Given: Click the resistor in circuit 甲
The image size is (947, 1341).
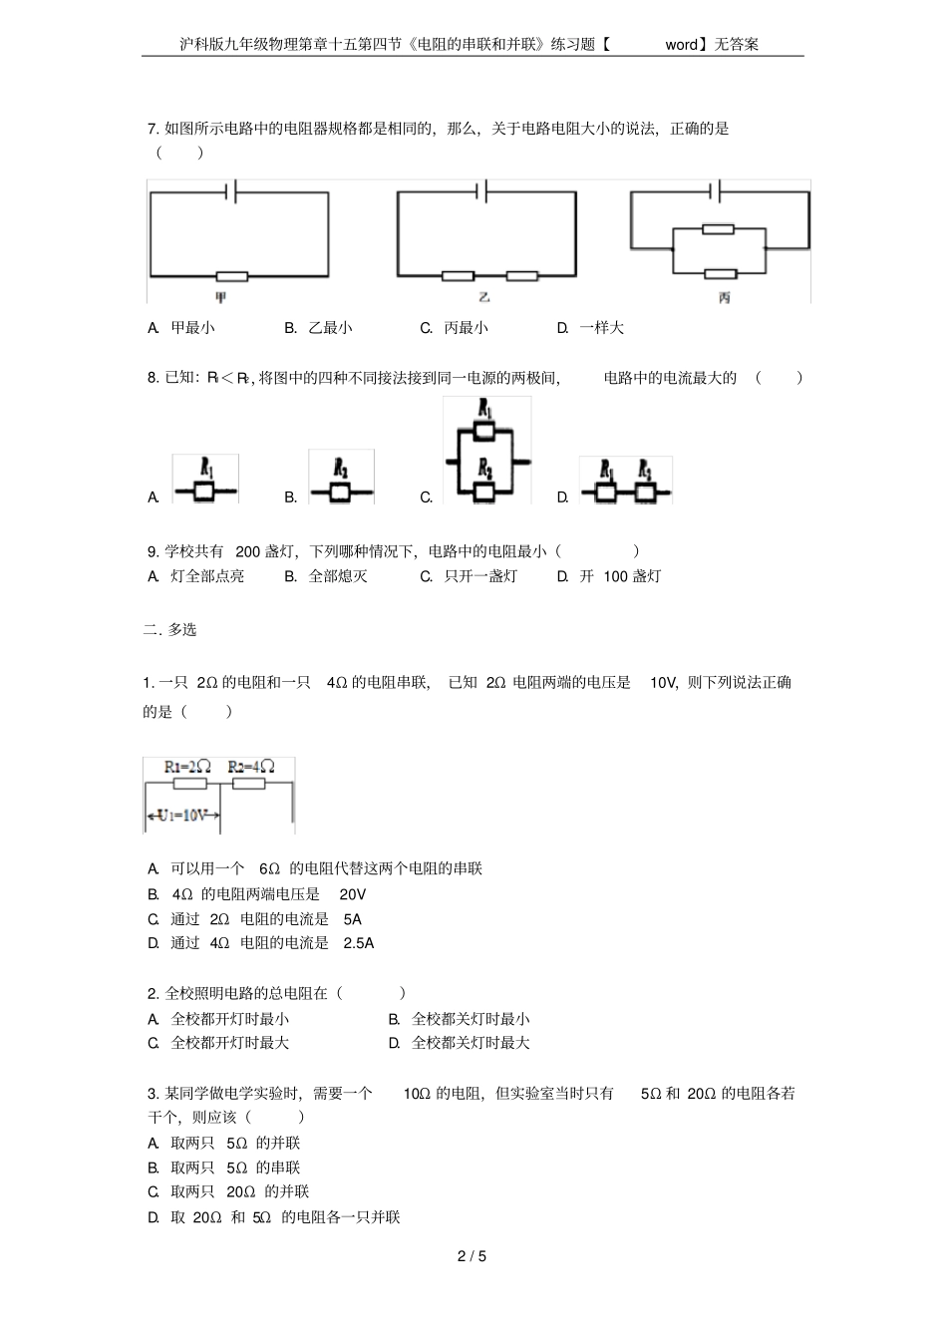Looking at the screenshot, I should (x=231, y=276).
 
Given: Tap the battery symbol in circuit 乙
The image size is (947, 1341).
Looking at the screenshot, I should (x=482, y=190).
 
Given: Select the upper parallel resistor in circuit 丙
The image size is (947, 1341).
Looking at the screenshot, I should (x=718, y=229).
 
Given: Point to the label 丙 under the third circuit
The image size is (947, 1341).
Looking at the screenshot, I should (x=724, y=297).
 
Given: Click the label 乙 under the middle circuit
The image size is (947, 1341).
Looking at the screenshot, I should (x=484, y=297).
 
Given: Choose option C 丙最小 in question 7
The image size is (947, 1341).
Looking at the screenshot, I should (x=455, y=328).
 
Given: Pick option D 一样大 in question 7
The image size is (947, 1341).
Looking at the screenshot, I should (x=591, y=328).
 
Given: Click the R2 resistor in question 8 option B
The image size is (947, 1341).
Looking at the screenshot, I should (x=340, y=493).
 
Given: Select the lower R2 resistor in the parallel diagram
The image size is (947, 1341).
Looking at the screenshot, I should (x=485, y=491).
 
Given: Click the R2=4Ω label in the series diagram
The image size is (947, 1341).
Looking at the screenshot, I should (x=250, y=767).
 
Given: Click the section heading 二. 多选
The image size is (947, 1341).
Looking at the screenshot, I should (x=170, y=630).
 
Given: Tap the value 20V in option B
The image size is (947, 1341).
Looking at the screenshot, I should (x=352, y=894).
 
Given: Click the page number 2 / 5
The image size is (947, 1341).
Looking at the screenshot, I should (x=472, y=1256).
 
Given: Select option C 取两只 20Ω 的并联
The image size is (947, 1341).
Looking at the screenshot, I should (x=239, y=1192).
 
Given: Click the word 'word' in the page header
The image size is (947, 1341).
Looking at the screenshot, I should (x=682, y=45).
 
